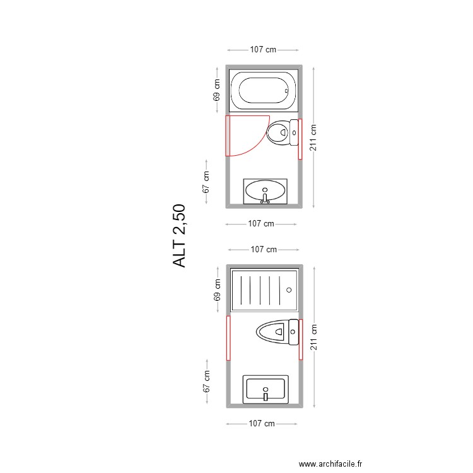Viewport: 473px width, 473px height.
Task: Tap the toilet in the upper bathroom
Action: (x=282, y=132)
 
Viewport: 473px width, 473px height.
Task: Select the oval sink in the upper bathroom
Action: (x=266, y=190)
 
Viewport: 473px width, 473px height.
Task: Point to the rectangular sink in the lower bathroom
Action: (x=266, y=389)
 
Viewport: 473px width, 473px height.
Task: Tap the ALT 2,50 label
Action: (x=180, y=235)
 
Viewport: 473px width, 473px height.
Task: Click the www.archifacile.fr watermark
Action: (x=330, y=463)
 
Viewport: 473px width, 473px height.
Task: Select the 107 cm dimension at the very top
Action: (x=263, y=49)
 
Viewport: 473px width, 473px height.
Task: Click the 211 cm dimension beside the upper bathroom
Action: (x=313, y=137)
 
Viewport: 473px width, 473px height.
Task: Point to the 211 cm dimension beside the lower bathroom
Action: (x=313, y=337)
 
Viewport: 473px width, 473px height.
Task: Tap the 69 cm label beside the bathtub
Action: (x=217, y=91)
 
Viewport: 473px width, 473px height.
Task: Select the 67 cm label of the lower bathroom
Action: (x=206, y=382)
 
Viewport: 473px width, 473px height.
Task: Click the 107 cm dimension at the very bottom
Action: (x=261, y=424)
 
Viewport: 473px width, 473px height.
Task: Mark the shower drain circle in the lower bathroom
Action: (x=289, y=290)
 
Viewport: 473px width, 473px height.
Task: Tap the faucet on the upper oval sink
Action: (x=266, y=200)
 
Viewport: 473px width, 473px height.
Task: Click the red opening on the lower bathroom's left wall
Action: (x=228, y=337)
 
